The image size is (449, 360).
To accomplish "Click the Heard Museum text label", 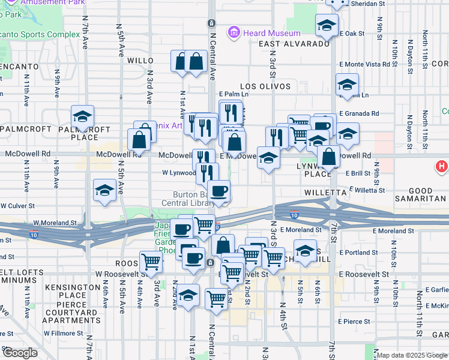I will point(272,32).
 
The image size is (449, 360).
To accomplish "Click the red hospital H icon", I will point(442,166).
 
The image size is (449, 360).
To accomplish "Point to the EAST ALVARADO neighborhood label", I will point(294,44).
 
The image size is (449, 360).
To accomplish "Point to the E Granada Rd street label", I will point(359,113).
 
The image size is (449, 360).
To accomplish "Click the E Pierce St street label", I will point(354,322).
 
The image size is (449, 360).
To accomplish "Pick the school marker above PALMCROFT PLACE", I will point(82,116).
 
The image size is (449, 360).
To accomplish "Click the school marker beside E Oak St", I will point(327,25).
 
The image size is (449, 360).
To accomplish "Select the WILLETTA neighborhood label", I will point(325,193).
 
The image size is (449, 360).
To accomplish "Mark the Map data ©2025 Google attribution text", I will point(412,355).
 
